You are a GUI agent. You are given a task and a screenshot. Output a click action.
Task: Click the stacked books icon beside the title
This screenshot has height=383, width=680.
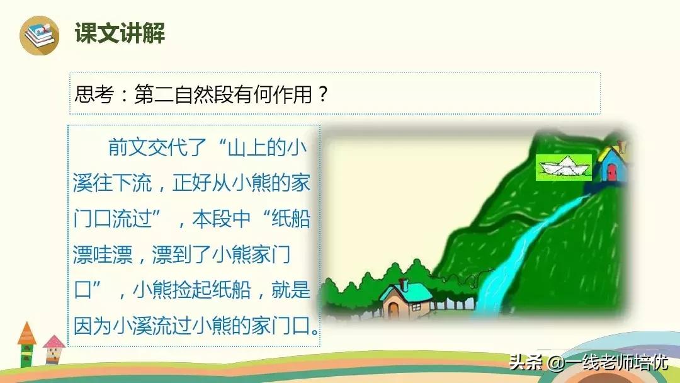click(40, 35)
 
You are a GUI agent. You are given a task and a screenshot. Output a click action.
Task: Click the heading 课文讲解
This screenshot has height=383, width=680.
click(120, 33)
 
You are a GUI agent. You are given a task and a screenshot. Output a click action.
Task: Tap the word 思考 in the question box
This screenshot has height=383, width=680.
click(94, 94)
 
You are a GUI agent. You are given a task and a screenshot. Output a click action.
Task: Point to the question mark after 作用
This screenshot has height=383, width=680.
click(322, 94)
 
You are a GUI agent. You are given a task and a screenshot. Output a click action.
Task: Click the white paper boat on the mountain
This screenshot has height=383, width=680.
click(564, 167)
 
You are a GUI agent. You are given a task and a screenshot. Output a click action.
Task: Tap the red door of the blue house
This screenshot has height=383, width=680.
click(611, 172)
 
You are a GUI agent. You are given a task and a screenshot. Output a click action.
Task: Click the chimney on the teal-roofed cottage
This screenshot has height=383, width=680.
click(404, 285)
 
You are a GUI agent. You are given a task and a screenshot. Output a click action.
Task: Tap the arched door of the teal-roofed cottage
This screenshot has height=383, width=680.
click(394, 309)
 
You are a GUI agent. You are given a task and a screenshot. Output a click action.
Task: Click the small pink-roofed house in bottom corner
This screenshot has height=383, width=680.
click(54, 350)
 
